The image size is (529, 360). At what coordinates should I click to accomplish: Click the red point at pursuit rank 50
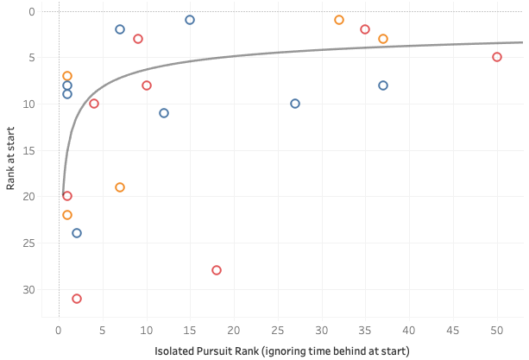497,57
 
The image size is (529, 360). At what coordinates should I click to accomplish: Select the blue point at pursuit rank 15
190,20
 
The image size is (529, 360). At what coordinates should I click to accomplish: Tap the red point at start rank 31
77,299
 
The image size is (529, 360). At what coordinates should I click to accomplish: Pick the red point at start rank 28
217,270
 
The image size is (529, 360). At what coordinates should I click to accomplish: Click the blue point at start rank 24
77,233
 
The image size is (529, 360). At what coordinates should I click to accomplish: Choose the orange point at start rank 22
67,215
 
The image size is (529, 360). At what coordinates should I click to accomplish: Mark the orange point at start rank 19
120,187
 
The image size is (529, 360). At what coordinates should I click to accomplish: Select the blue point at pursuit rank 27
295,104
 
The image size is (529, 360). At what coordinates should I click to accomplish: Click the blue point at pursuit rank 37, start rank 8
383,85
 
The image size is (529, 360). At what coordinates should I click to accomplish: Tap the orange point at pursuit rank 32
339,20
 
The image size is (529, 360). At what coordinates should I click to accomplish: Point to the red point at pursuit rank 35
365,29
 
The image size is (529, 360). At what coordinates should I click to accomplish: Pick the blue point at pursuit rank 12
164,113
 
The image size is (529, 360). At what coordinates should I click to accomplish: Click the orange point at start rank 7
67,76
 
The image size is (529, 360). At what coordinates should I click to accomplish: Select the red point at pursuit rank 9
138,39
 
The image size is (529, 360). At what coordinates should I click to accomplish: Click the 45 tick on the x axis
453,330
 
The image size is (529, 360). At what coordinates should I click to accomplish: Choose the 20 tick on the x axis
234,330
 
